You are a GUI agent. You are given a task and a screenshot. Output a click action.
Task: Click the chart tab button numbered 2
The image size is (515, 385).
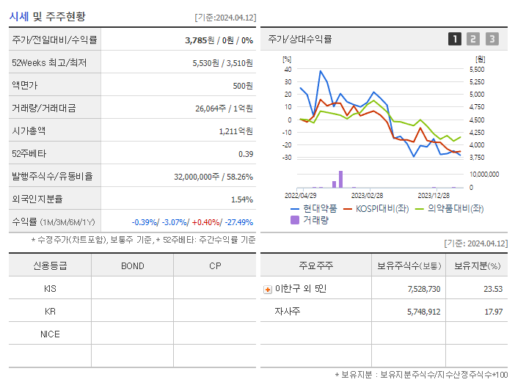(x=473, y=39)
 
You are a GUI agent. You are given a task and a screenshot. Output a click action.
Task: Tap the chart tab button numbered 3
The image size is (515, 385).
(x=492, y=39)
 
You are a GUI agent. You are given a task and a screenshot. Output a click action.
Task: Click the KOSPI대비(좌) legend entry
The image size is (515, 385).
(x=377, y=208)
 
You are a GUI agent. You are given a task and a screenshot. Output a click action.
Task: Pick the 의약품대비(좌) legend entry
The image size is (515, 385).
(x=450, y=208)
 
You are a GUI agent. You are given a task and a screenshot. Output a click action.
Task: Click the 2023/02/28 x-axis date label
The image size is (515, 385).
(x=367, y=195)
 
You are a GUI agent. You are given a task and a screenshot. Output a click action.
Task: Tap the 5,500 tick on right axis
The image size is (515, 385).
(x=476, y=69)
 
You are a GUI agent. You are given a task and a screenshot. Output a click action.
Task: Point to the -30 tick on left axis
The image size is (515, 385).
(x=287, y=157)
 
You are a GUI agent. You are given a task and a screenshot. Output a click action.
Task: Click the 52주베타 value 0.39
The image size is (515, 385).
(x=246, y=153)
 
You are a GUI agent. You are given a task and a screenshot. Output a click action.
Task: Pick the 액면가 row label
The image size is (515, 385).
(x=24, y=85)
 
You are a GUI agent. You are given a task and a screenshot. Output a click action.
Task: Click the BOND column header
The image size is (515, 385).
(x=133, y=265)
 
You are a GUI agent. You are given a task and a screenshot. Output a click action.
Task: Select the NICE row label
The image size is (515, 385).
(x=50, y=334)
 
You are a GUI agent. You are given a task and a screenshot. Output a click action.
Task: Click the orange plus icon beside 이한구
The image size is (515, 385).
(x=267, y=289)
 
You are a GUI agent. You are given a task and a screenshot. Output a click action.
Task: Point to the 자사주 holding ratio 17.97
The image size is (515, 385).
(x=492, y=312)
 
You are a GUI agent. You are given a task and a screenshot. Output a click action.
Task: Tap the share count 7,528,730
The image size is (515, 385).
(x=423, y=289)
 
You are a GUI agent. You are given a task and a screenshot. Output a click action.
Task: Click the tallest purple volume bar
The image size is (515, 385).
(x=340, y=179)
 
